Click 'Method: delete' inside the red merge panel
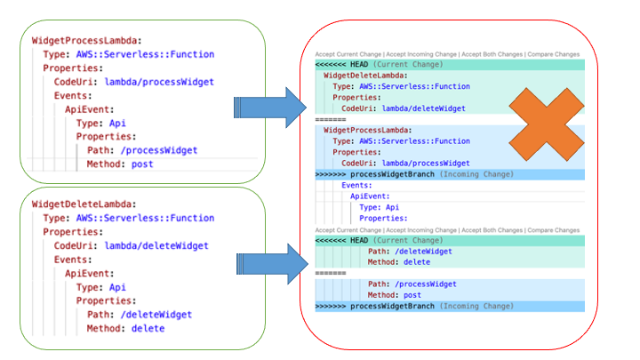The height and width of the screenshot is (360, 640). point(398,262)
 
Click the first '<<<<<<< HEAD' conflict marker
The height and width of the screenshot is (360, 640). point(341,65)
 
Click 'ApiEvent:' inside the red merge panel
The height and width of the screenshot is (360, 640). point(370,196)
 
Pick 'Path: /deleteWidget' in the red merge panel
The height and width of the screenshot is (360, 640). point(410,252)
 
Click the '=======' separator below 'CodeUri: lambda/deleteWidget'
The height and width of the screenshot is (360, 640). point(330,118)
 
